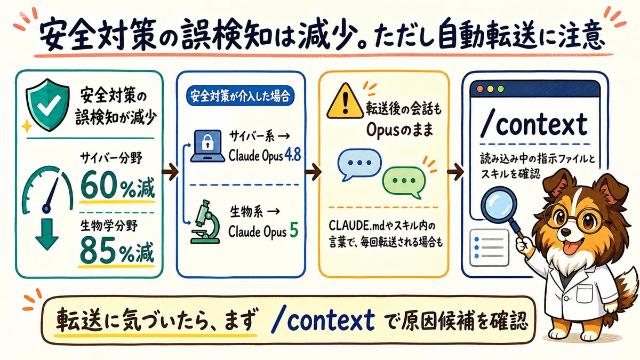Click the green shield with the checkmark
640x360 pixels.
(47, 105)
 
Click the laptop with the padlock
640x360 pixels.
(207, 146)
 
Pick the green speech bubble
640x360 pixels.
(404, 182)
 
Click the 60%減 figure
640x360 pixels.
(117, 187)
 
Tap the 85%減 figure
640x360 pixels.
(117, 252)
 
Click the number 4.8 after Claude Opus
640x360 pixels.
(293, 155)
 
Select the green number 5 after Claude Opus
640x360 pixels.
(294, 230)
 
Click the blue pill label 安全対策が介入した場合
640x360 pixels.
(241, 96)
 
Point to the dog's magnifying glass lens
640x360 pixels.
(499, 205)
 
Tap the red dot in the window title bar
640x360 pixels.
(480, 89)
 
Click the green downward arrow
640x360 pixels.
(47, 234)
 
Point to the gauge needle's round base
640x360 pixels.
(46, 209)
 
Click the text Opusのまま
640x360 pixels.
(399, 130)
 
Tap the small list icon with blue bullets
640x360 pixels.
(489, 247)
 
